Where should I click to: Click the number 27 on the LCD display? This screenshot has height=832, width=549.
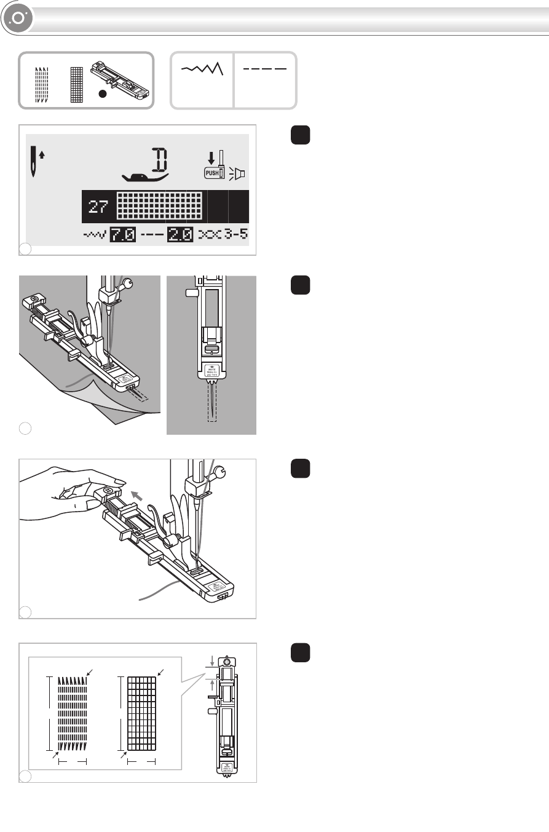tap(98, 207)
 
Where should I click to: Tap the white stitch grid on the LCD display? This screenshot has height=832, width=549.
tap(159, 206)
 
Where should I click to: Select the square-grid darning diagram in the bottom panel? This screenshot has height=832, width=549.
tap(142, 714)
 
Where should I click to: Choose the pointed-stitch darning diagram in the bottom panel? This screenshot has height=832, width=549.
tap(73, 714)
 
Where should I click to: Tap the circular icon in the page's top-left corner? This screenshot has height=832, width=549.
tap(17, 18)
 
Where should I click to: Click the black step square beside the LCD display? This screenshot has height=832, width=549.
tap(300, 136)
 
